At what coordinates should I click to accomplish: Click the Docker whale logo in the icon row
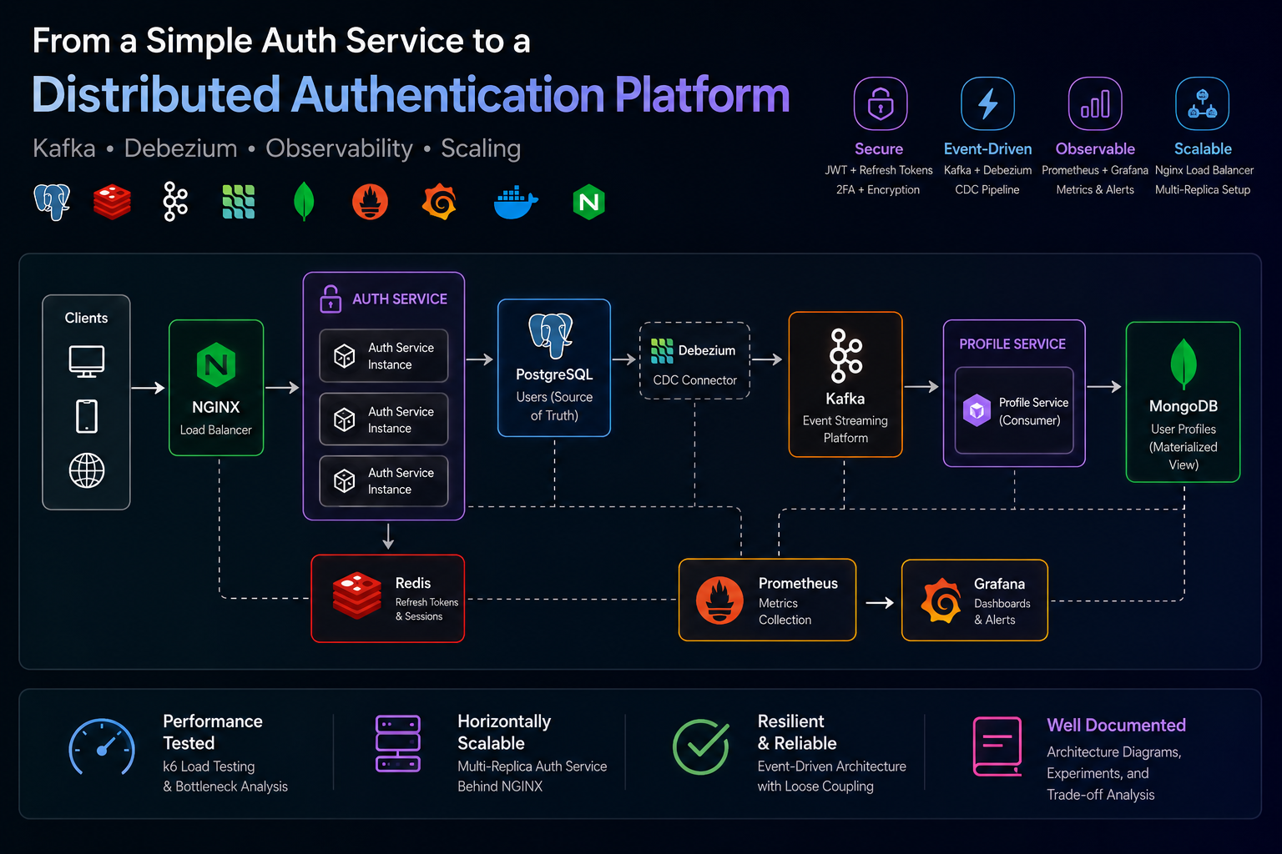click(516, 202)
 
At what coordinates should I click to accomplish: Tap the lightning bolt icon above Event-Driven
click(988, 103)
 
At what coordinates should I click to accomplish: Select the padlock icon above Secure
click(881, 103)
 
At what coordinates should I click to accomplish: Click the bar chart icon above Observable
click(1095, 103)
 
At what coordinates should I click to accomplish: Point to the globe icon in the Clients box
click(87, 470)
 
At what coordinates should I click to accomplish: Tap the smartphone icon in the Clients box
click(87, 416)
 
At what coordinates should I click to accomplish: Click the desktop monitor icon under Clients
click(87, 361)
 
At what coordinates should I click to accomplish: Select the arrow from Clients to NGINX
click(148, 388)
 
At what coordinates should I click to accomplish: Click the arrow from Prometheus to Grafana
click(880, 602)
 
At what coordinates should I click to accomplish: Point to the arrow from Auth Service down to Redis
click(388, 536)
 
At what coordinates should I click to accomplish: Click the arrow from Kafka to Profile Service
click(921, 387)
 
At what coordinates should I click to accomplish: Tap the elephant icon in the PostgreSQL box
click(551, 335)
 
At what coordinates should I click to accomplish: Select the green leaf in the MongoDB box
click(1183, 364)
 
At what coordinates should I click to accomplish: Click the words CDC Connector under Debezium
click(694, 379)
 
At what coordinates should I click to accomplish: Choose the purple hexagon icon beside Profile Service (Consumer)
click(977, 410)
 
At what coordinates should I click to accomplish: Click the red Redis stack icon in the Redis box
click(356, 595)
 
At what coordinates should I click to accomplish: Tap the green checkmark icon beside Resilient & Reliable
click(701, 746)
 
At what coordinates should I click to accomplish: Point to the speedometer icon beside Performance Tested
click(102, 746)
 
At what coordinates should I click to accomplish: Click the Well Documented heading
click(1116, 725)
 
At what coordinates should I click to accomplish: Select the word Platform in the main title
click(702, 95)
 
